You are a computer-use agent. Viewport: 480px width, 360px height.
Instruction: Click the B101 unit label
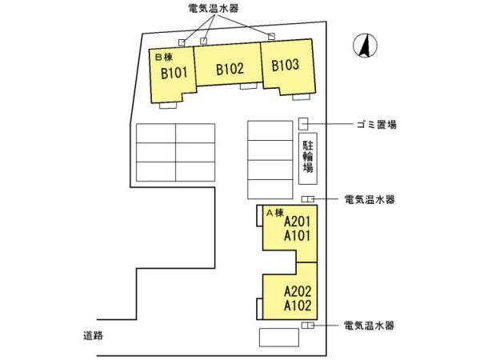pyautogui.click(x=174, y=74)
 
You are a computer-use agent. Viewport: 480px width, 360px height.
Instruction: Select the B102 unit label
pyautogui.click(x=230, y=69)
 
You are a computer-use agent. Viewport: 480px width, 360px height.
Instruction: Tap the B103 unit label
pyautogui.click(x=285, y=66)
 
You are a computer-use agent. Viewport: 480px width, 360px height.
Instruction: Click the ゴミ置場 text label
pyautogui.click(x=377, y=124)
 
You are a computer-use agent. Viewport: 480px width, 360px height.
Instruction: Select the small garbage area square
pyautogui.click(x=303, y=123)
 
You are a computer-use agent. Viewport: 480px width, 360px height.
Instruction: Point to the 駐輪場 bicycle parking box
pyautogui.click(x=308, y=158)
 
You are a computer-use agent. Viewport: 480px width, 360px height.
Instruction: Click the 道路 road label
pyautogui.click(x=93, y=334)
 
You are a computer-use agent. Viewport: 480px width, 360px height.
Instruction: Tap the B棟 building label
pyautogui.click(x=162, y=57)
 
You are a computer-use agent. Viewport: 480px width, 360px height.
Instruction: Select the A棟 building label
pyautogui.click(x=275, y=212)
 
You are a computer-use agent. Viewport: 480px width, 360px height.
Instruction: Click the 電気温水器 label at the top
pyautogui.click(x=213, y=9)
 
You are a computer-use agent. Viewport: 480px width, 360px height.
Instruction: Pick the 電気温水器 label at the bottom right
pyautogui.click(x=369, y=326)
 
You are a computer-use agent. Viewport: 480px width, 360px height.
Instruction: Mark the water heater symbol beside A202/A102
pyautogui.click(x=308, y=326)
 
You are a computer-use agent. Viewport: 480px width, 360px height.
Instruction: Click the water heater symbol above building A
pyautogui.click(x=308, y=198)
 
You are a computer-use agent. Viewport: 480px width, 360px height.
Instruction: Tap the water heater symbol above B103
pyautogui.click(x=271, y=36)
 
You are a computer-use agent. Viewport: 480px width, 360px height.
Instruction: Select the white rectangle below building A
pyautogui.click(x=278, y=337)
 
